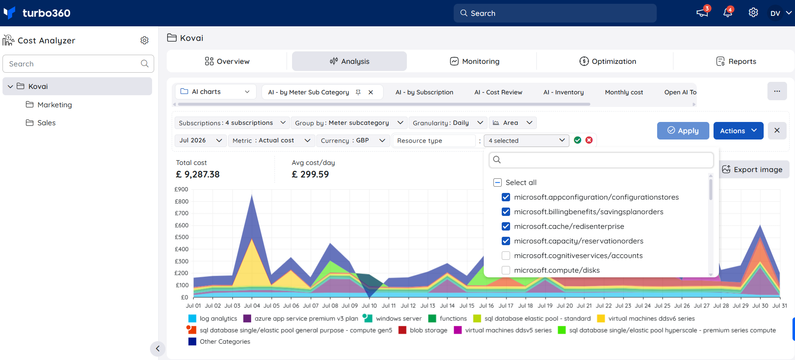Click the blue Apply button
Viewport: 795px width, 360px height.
click(x=683, y=131)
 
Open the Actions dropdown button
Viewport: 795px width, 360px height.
click(x=738, y=131)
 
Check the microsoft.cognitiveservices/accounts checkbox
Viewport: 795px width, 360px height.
click(x=506, y=256)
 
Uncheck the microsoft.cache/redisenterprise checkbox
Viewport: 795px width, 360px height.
click(x=506, y=226)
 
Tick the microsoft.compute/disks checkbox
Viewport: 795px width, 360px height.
click(x=506, y=270)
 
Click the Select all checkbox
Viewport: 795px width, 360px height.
click(x=498, y=183)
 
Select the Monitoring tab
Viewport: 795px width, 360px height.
click(x=475, y=61)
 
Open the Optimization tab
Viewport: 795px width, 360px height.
click(x=607, y=61)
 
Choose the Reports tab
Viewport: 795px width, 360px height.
click(x=736, y=61)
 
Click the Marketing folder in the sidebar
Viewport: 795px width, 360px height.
click(x=49, y=105)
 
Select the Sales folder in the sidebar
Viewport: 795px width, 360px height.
click(x=41, y=123)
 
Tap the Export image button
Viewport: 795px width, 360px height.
click(x=752, y=170)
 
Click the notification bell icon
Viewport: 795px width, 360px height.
click(x=728, y=13)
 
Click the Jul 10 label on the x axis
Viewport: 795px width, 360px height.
click(x=369, y=306)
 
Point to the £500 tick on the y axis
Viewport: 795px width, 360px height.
click(x=182, y=237)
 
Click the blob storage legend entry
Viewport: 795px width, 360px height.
click(x=423, y=330)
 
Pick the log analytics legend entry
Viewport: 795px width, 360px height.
click(x=213, y=319)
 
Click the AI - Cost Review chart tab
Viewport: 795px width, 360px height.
click(x=498, y=92)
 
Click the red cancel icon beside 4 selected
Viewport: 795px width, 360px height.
click(x=589, y=140)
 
